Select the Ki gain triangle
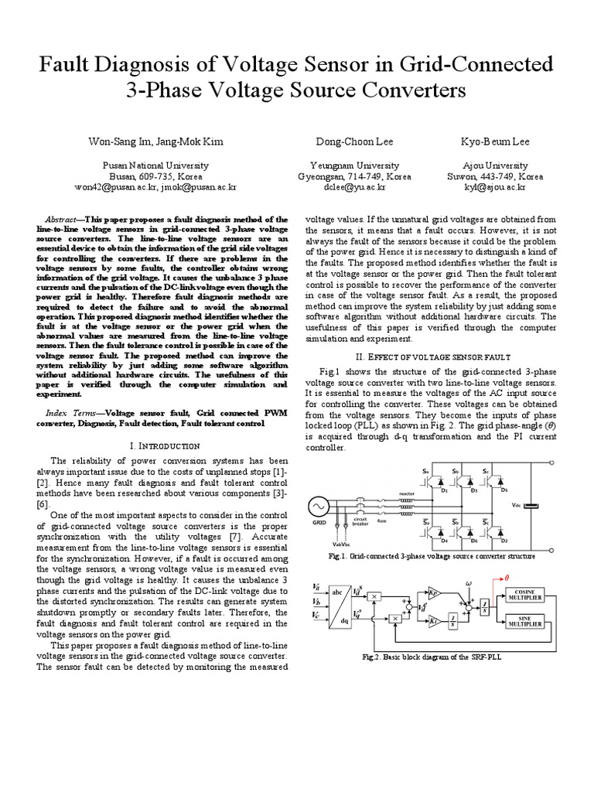434,620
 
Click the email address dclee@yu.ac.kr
354,187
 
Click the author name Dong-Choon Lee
354,142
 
